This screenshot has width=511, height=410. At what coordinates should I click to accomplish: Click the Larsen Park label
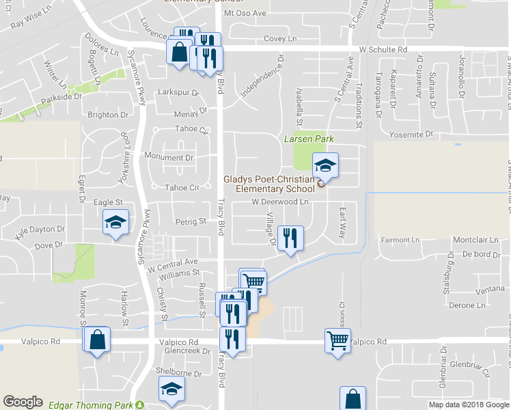(x=309, y=139)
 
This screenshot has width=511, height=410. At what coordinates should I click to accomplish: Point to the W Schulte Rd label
(x=383, y=51)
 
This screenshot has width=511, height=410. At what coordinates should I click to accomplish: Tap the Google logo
(x=23, y=402)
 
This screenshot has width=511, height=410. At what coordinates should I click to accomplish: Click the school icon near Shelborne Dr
(x=171, y=391)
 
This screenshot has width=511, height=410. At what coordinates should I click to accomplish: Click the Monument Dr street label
(x=169, y=158)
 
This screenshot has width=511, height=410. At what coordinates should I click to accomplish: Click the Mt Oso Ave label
(x=245, y=14)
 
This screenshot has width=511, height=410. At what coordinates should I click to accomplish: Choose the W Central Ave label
(x=172, y=262)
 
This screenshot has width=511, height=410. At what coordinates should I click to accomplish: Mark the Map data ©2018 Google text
(x=468, y=405)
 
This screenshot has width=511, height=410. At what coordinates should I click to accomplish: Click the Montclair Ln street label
(x=475, y=241)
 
